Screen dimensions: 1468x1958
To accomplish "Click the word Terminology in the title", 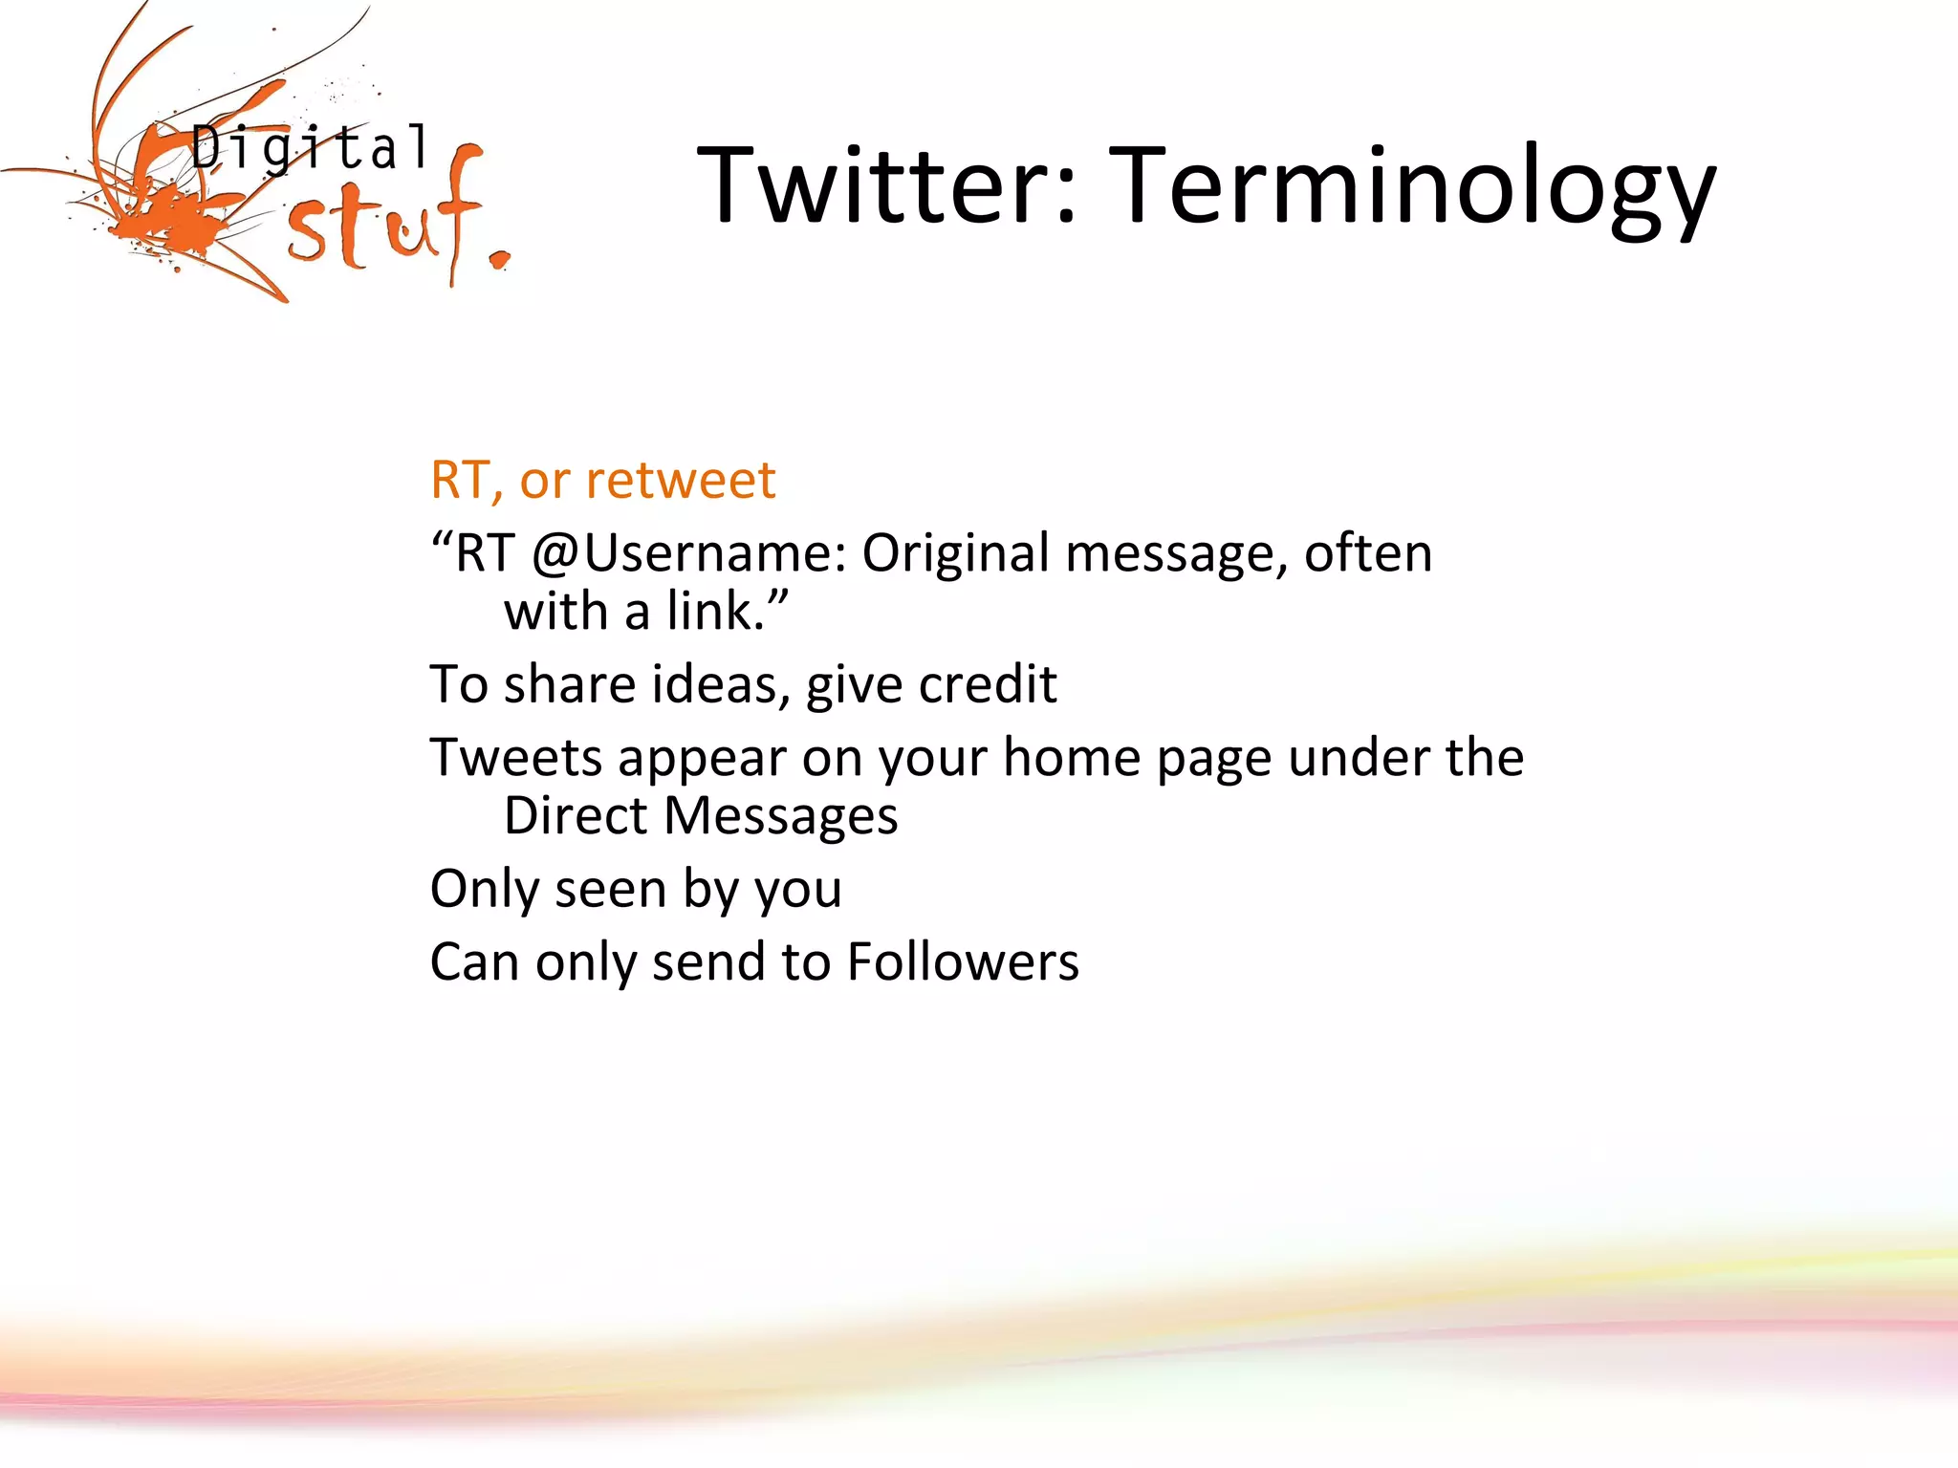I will (x=1415, y=186).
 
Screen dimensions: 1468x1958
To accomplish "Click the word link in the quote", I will (x=715, y=612).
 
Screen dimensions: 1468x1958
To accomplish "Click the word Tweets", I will (x=515, y=758).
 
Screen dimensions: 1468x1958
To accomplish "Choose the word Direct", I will (x=576, y=816).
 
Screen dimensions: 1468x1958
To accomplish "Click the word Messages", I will (x=780, y=818).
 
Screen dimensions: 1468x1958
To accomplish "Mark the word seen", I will (x=610, y=890).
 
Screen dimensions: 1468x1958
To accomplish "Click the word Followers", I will (x=963, y=962).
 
